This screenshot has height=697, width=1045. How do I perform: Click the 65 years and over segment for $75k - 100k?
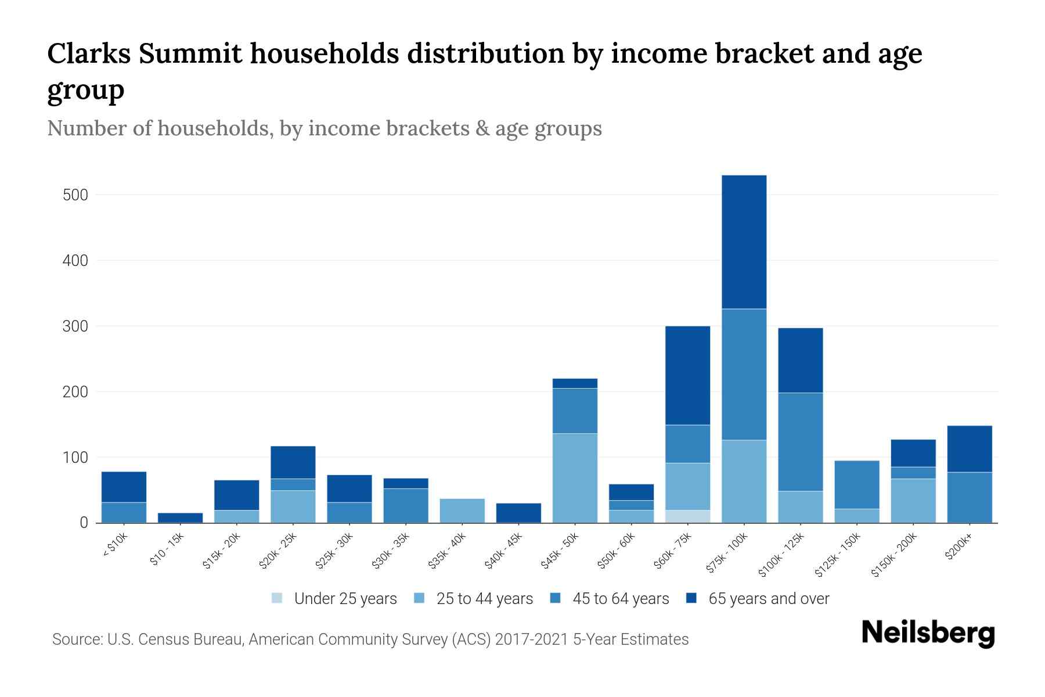pos(744,242)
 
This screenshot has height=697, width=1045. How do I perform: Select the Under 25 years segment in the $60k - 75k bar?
pos(687,516)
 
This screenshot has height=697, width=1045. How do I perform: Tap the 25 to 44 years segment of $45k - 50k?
pos(575,478)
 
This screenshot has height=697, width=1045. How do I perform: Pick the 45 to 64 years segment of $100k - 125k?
pos(800,442)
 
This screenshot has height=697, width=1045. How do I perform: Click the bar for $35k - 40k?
pos(462,511)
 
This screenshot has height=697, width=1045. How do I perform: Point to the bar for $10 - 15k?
pos(180,518)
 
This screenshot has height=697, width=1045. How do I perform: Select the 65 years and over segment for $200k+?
pos(969,449)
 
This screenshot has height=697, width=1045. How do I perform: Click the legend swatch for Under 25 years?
pos(278,598)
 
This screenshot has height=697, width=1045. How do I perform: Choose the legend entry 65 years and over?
pos(768,598)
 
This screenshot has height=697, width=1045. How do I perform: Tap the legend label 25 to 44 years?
pos(484,598)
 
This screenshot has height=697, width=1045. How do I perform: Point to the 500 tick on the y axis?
pos(75,195)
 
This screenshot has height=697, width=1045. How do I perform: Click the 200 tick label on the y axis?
pos(75,392)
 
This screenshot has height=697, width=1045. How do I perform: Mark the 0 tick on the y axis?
pos(84,523)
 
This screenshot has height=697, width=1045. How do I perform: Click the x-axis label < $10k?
pos(116,545)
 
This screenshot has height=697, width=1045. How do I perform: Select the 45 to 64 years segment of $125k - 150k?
pos(856,484)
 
